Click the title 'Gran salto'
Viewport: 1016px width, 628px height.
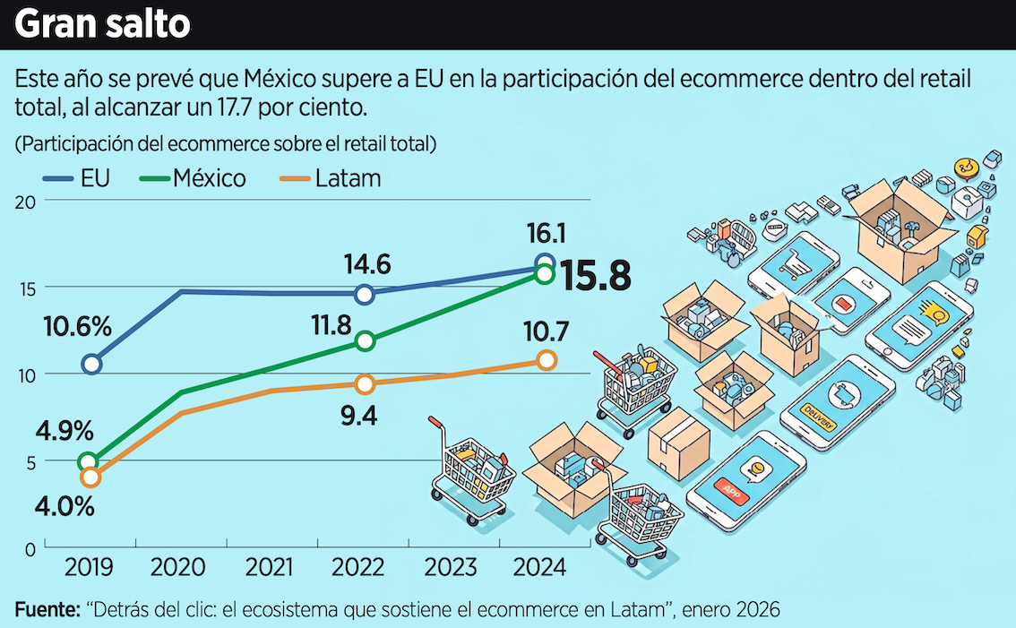[103, 24]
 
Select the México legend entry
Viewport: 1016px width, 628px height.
[192, 178]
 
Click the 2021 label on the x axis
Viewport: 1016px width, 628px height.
[269, 568]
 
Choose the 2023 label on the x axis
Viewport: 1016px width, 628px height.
[451, 568]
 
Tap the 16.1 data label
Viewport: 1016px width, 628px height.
[545, 235]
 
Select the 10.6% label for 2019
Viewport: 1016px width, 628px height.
[78, 327]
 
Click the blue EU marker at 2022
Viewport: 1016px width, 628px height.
[365, 294]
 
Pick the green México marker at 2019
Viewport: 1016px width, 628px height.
[89, 462]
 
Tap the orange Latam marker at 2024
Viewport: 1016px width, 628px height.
[547, 359]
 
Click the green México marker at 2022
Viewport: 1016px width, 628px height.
[365, 340]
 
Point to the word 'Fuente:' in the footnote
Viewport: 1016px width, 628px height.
[47, 609]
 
